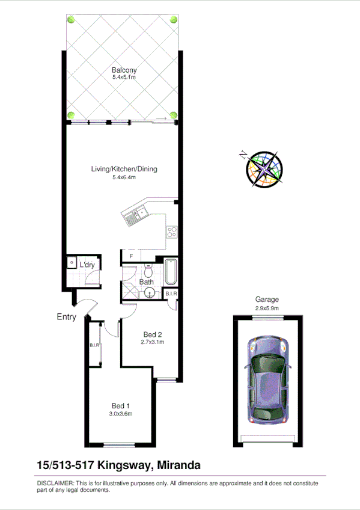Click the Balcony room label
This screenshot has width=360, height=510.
123,70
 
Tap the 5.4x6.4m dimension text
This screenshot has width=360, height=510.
124,177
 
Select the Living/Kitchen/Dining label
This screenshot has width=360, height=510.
124,169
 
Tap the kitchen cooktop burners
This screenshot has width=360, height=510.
172,231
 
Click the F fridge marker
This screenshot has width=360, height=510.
131,257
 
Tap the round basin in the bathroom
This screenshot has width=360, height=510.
150,293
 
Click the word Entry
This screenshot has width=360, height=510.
67,317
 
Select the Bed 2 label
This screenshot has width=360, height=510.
153,334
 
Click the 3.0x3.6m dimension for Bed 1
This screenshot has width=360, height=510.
120,414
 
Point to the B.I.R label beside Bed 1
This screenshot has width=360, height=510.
94,345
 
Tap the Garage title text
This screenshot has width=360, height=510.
267,300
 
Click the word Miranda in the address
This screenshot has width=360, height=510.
178,465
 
